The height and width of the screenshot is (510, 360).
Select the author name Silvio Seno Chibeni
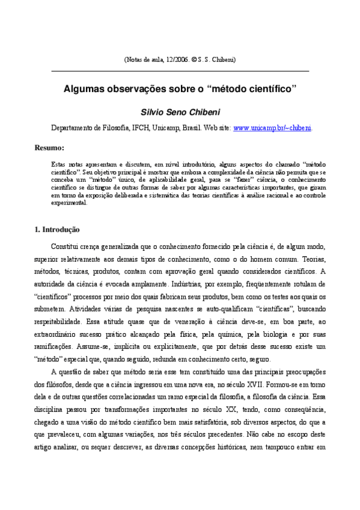coord(180,112)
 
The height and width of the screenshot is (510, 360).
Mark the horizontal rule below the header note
coord(180,71)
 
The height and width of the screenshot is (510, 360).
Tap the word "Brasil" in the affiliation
coord(192,128)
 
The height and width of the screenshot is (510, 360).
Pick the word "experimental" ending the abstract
coord(70,203)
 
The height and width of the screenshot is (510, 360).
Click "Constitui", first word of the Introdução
coord(67,247)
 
